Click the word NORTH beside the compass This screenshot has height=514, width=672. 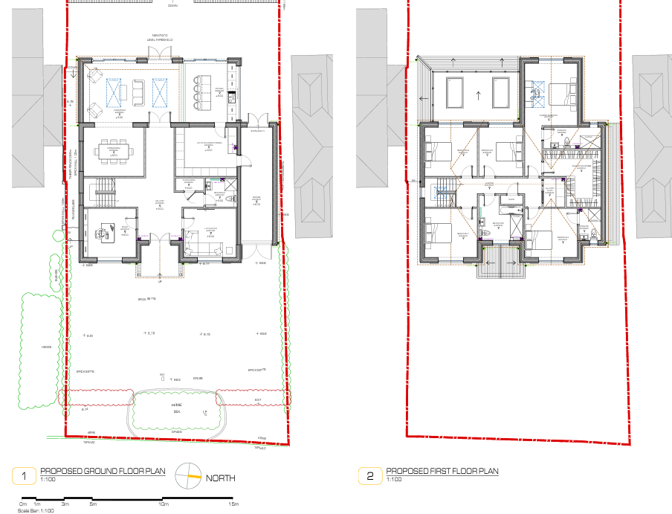tap(220, 478)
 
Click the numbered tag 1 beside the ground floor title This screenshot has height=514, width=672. tap(25, 475)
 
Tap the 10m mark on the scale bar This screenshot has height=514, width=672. tap(163, 504)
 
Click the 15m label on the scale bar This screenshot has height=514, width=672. tap(233, 504)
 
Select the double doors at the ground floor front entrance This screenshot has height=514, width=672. tap(158, 239)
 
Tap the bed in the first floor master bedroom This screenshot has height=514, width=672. tap(558, 92)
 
